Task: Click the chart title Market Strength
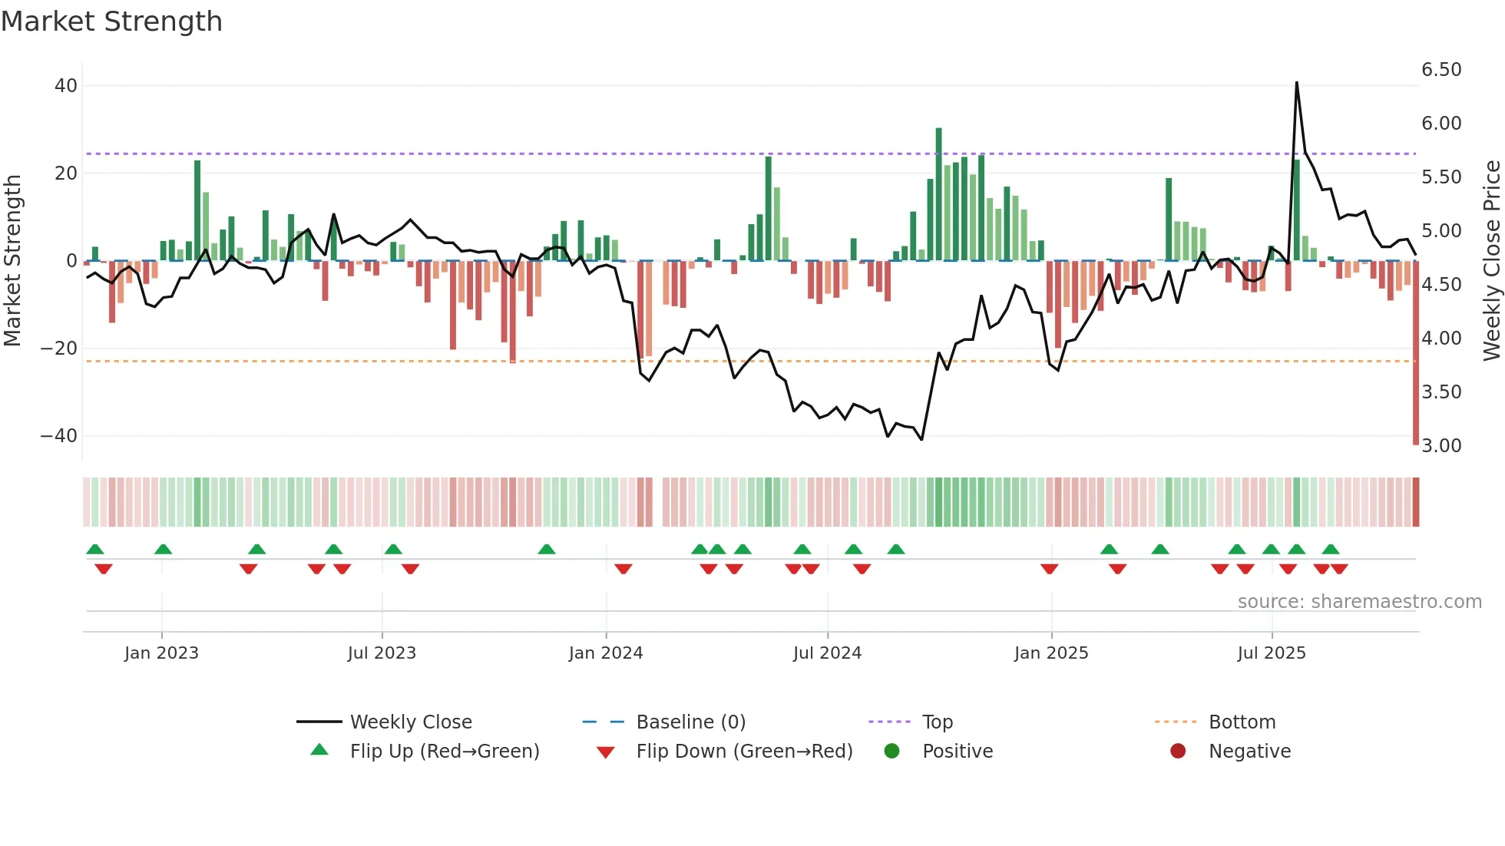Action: pyautogui.click(x=112, y=21)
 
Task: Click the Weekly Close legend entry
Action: pyautogui.click(x=410, y=722)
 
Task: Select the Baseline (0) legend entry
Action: pyautogui.click(x=690, y=722)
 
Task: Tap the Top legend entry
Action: pyautogui.click(x=937, y=722)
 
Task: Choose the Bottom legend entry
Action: pyautogui.click(x=1242, y=722)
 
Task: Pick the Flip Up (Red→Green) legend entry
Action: pyautogui.click(x=444, y=751)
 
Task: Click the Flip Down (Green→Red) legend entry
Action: pyautogui.click(x=743, y=751)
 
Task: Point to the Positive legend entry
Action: pyautogui.click(x=957, y=751)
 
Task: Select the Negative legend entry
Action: pyautogui.click(x=1249, y=751)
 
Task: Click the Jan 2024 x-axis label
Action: pyautogui.click(x=605, y=653)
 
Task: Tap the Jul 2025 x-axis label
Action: pyautogui.click(x=1271, y=653)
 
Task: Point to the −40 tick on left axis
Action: pyautogui.click(x=58, y=436)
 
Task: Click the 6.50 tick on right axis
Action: pyautogui.click(x=1441, y=70)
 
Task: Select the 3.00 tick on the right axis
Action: pyautogui.click(x=1441, y=446)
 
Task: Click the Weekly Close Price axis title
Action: pyautogui.click(x=1491, y=261)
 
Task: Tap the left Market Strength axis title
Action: pyautogui.click(x=12, y=261)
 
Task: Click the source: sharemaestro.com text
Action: pyautogui.click(x=1359, y=602)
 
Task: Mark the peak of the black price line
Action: pyautogui.click(x=1296, y=83)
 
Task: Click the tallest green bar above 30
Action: pyautogui.click(x=938, y=192)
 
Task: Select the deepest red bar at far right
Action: pyautogui.click(x=1415, y=353)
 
